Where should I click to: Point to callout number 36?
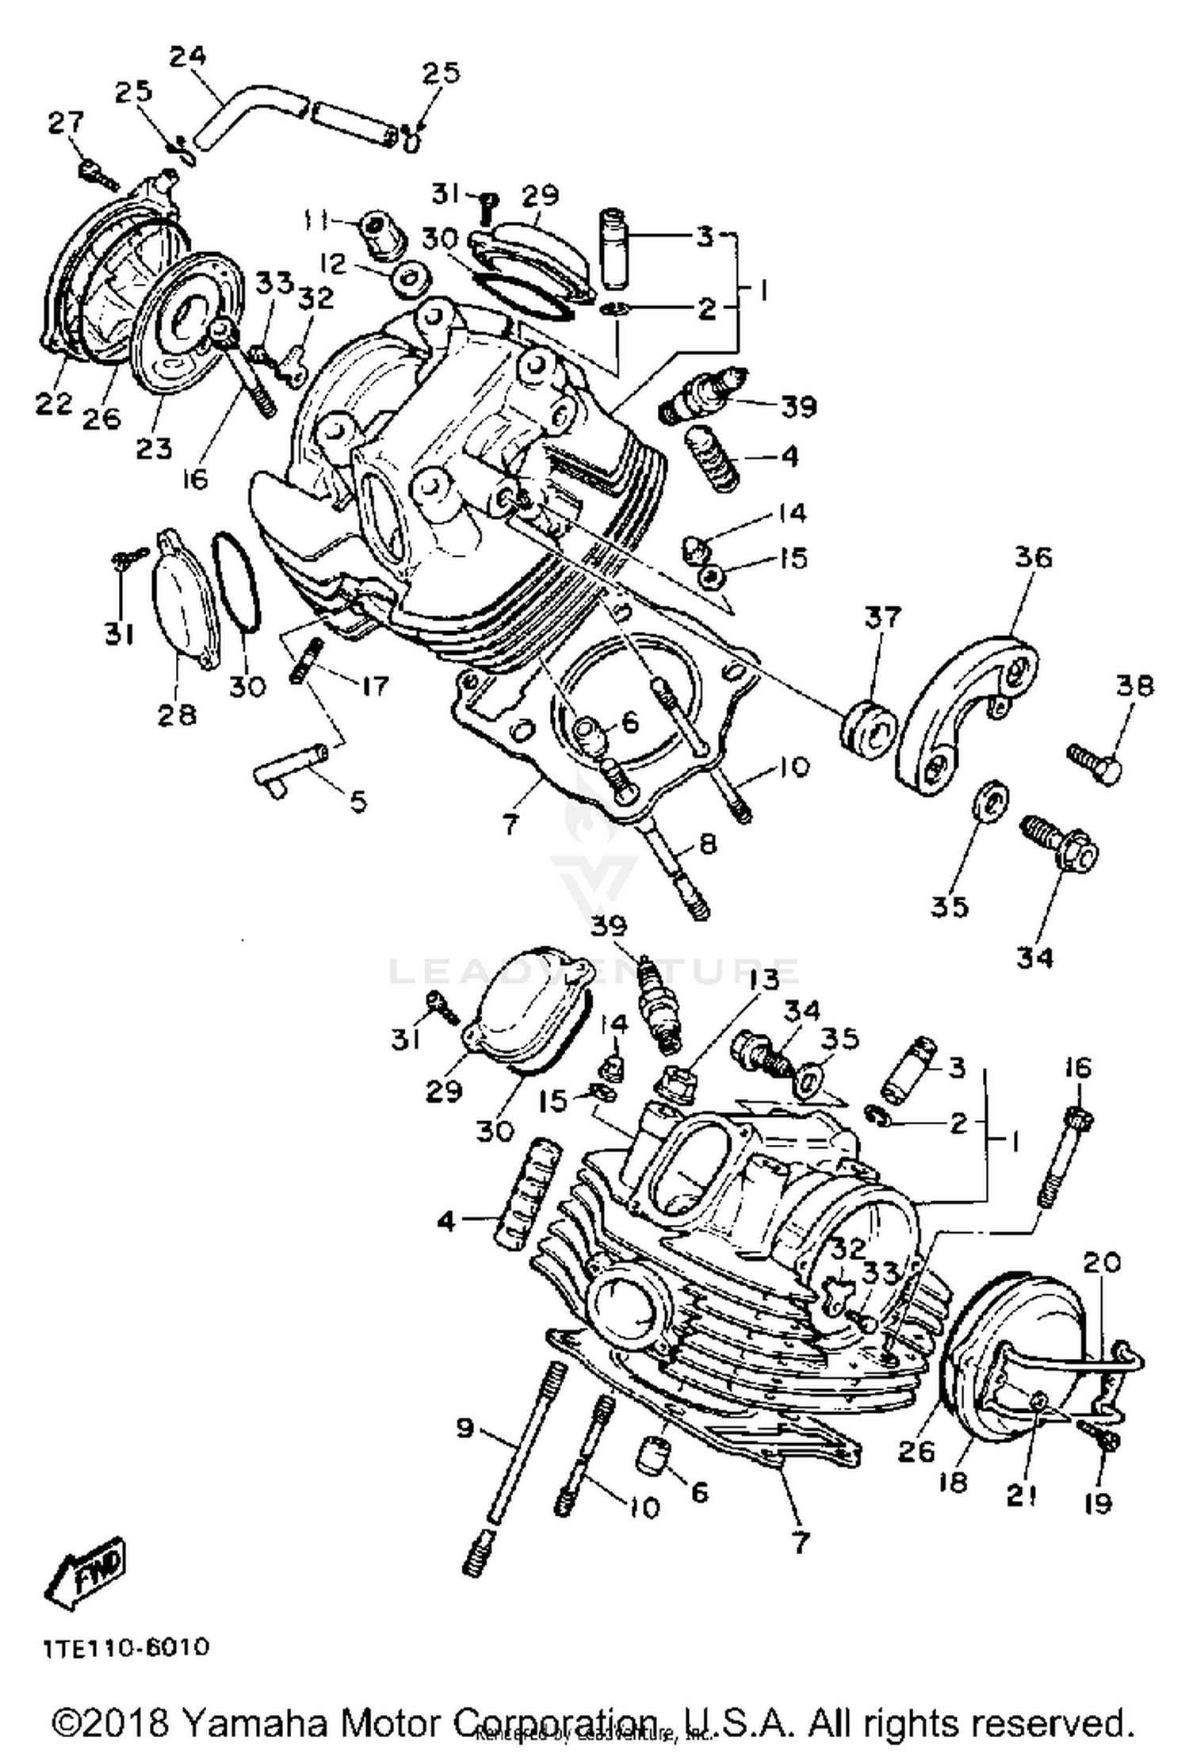click(x=1033, y=557)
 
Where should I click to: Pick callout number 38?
click(x=1135, y=686)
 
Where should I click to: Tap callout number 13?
click(x=763, y=981)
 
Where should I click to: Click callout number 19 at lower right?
click(x=1098, y=1503)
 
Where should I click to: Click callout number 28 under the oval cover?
click(x=176, y=715)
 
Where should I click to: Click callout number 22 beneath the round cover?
click(x=54, y=403)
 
